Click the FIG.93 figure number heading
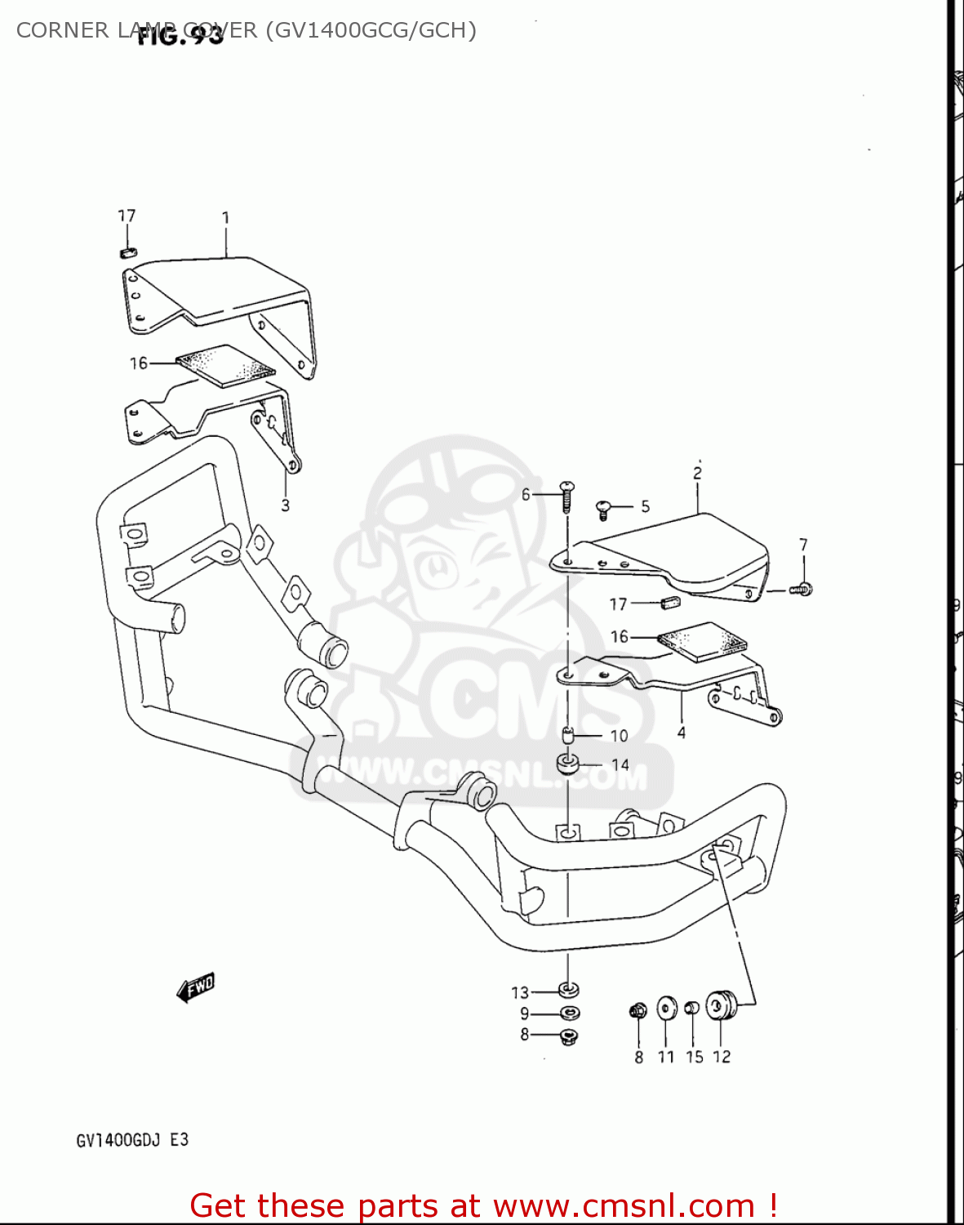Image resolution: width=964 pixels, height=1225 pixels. coord(180,36)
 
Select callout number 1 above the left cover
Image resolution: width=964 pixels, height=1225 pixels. coord(225,218)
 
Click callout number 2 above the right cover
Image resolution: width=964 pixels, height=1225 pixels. coord(697,473)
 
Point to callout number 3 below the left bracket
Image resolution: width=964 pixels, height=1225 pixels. coord(285,506)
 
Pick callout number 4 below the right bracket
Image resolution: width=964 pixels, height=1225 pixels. coord(682,733)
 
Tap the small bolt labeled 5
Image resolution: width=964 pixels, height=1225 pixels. coord(604,509)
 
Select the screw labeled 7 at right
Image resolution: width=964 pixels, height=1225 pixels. coord(802,589)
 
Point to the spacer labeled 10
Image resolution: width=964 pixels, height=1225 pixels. coord(569,735)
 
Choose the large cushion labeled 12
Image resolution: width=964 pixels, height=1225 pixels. coord(721,1004)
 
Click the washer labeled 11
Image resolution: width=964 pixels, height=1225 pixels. coord(667,1008)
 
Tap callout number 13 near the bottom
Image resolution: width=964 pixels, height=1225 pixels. coord(520,993)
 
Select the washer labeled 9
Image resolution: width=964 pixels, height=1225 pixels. coord(569,1013)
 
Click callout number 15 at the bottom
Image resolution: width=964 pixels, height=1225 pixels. coord(694,1057)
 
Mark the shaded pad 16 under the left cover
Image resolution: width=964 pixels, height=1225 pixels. coord(225,365)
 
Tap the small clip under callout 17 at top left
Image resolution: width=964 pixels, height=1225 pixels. coord(127,252)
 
